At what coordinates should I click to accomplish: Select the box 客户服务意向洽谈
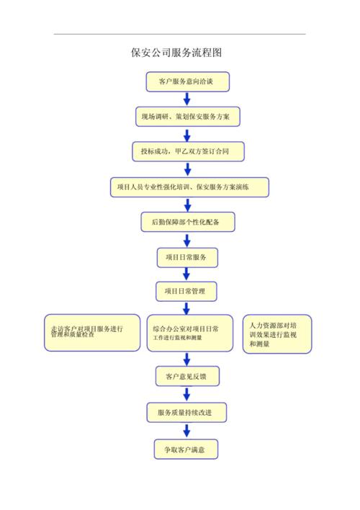pyautogui.click(x=187, y=81)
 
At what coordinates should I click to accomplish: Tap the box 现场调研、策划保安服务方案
pyautogui.click(x=187, y=116)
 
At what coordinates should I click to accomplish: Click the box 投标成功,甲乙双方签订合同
pyautogui.click(x=188, y=151)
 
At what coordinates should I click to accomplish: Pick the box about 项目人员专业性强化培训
pyautogui.click(x=189, y=187)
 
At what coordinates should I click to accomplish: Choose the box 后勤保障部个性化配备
pyautogui.click(x=187, y=223)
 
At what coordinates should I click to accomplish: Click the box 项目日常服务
pyautogui.click(x=187, y=257)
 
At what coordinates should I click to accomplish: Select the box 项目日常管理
pyautogui.click(x=187, y=291)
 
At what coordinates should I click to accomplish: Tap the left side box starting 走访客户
pyautogui.click(x=91, y=332)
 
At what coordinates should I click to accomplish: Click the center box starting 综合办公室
pyautogui.click(x=190, y=332)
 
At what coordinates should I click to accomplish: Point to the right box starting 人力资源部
pyautogui.click(x=276, y=334)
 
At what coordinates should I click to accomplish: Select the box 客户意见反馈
pyautogui.click(x=187, y=376)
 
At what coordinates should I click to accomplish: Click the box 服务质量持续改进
pyautogui.click(x=187, y=413)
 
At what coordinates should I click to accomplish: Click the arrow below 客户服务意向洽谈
pyautogui.click(x=187, y=99)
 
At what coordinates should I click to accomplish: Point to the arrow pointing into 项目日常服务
pyautogui.click(x=187, y=240)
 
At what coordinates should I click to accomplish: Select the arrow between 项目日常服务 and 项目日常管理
pyautogui.click(x=187, y=274)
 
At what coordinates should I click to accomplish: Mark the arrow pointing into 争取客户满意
pyautogui.click(x=186, y=431)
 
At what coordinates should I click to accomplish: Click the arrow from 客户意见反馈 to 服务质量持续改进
pyautogui.click(x=186, y=394)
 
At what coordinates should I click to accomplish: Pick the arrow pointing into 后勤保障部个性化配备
pyautogui.click(x=187, y=205)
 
